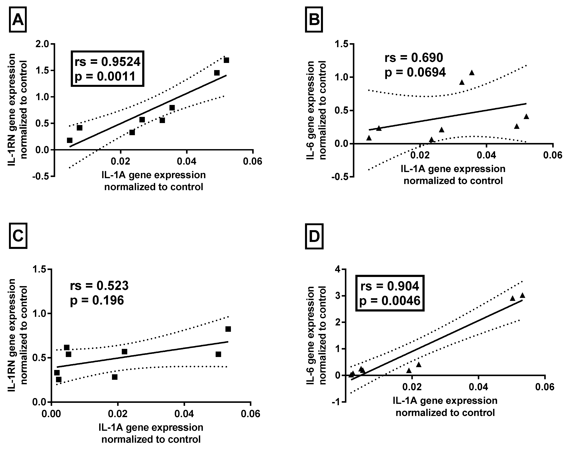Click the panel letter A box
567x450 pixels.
(18, 20)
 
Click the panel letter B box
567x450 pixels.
(314, 20)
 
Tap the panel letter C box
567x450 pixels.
(18, 236)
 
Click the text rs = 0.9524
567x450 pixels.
(107, 61)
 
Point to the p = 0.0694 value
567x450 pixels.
(415, 72)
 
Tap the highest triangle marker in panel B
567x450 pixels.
(472, 73)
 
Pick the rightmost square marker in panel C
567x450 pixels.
(228, 329)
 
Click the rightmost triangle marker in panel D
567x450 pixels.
(522, 295)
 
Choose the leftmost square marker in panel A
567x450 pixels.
(70, 140)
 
